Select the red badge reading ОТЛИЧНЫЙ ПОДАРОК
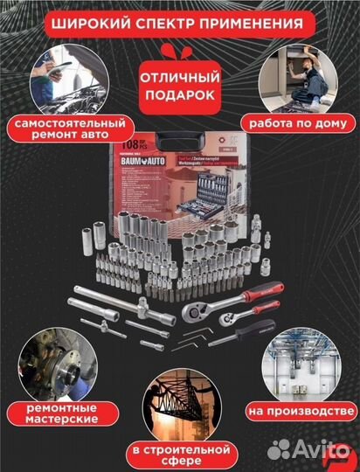[x=177, y=86]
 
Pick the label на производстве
[x=298, y=408]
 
